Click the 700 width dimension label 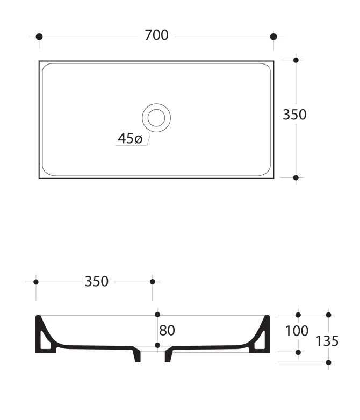pos(156,35)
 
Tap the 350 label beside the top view pos(294,115)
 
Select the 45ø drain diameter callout pos(130,139)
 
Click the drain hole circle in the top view pos(156,118)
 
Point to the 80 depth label pos(167,331)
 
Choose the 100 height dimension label pos(297,331)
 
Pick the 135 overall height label pos(327,341)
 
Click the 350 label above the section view pos(97,281)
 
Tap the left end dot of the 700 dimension pos(39,37)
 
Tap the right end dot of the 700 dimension pos(273,37)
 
